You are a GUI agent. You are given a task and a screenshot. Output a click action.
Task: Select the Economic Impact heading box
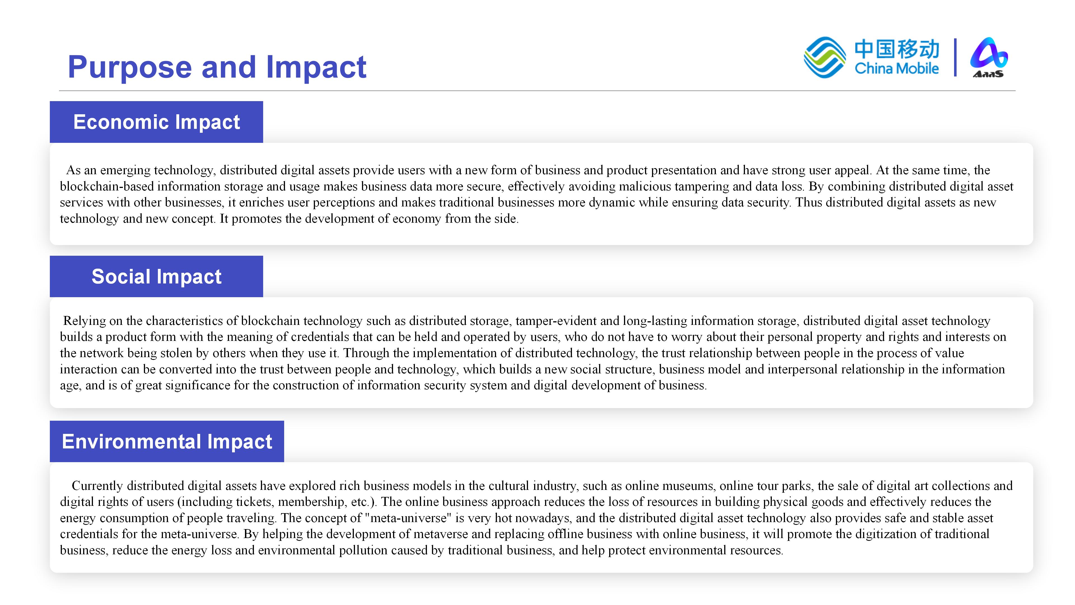156,122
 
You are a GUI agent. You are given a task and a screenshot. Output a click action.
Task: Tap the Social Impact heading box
156,276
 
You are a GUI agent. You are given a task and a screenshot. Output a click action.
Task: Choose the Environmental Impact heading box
167,441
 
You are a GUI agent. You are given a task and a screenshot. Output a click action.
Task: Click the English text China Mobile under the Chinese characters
897,68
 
